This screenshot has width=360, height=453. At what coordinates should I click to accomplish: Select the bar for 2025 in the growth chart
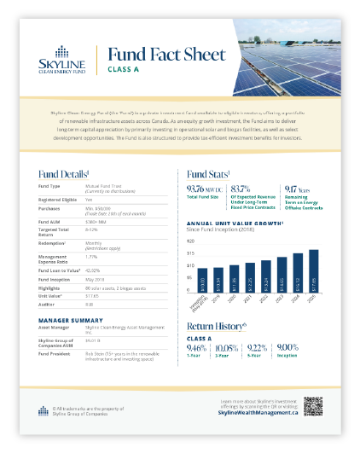tap(314, 271)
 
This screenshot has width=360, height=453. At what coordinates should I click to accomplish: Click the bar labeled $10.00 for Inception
tap(201, 282)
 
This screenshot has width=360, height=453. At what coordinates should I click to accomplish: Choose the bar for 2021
tap(250, 278)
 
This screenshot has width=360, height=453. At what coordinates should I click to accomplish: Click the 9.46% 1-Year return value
tap(197, 348)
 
